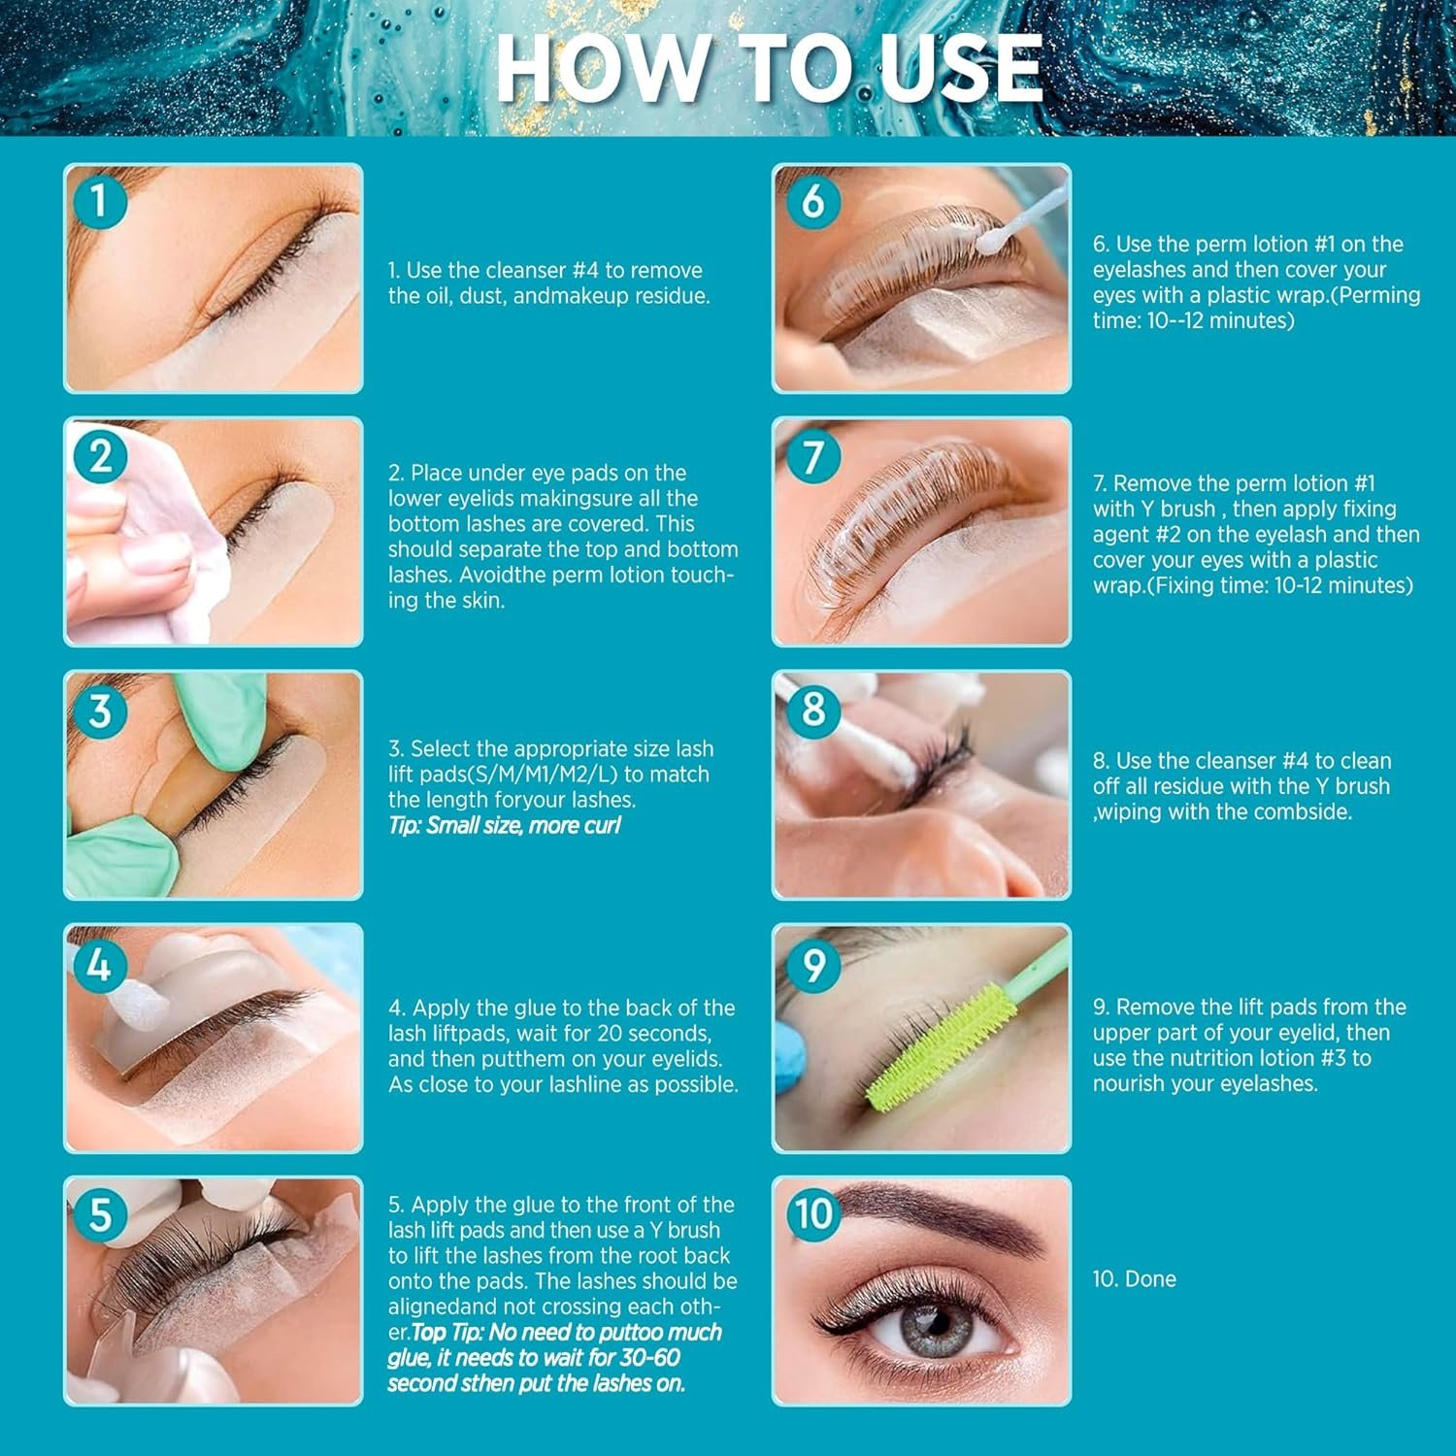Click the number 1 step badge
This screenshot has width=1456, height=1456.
click(98, 201)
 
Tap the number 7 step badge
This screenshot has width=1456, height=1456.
click(812, 456)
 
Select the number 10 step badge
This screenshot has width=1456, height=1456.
click(812, 1214)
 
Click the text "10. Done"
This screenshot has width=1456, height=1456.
click(1134, 1278)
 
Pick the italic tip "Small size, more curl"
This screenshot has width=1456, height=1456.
click(504, 825)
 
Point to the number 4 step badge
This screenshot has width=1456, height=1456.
click(98, 965)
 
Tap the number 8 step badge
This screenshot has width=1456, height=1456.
click(812, 710)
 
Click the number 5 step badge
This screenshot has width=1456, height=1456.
click(98, 1214)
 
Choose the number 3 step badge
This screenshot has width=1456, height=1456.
click(98, 710)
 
